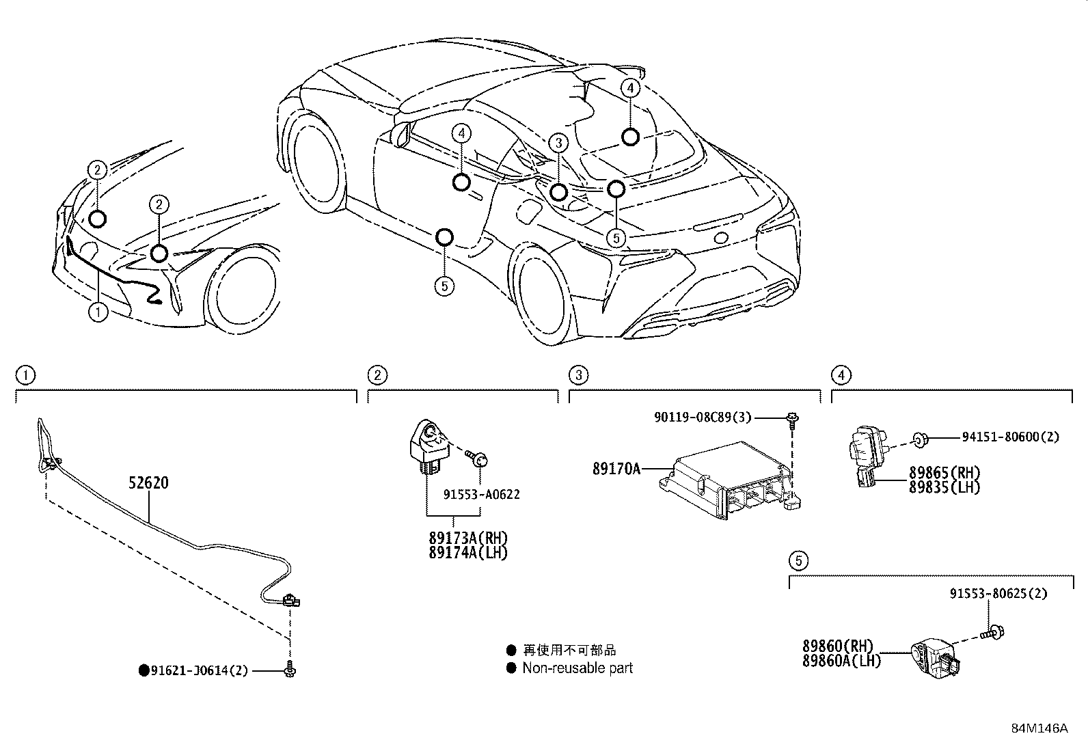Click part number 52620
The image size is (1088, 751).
tap(148, 483)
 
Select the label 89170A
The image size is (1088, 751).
tap(616, 469)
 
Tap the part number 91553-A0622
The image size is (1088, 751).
tap(481, 494)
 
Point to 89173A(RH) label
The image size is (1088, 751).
tap(468, 538)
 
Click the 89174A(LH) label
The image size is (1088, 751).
tap(468, 553)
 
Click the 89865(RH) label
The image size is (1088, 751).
tap(944, 472)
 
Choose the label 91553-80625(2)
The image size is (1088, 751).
tap(998, 594)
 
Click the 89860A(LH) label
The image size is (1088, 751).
tap(841, 660)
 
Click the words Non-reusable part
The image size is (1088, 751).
tap(577, 668)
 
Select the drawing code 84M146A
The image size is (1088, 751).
tap(1039, 728)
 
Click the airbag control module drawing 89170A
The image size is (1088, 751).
tap(728, 482)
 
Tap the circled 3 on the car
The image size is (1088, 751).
tap(558, 143)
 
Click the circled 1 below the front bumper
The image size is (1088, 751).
tap(98, 313)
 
